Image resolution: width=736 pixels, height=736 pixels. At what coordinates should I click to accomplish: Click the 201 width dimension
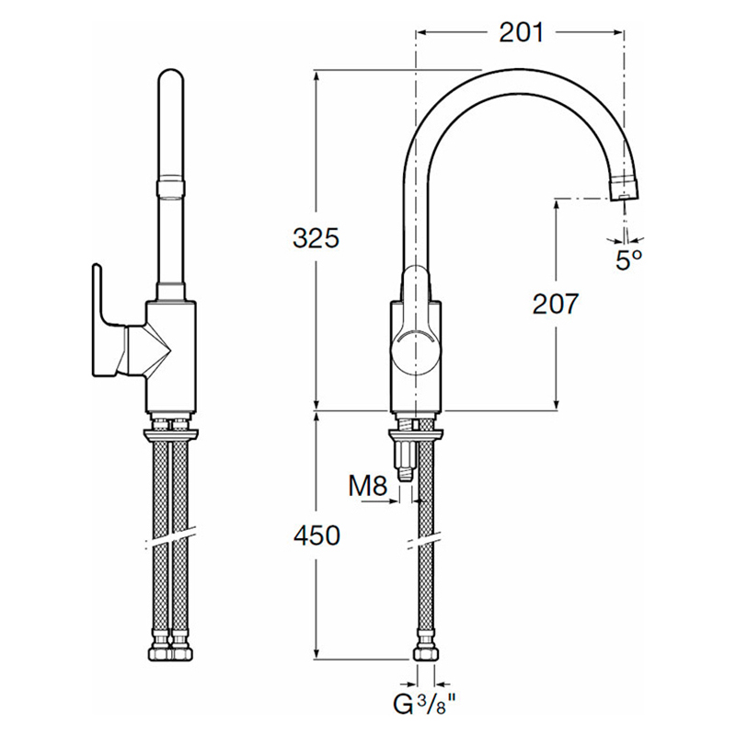click(x=521, y=33)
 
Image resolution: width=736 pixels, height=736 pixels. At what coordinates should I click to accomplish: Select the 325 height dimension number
click(x=316, y=238)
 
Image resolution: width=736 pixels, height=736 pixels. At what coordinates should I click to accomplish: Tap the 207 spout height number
click(x=556, y=305)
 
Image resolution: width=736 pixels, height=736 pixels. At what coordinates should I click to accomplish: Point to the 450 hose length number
click(x=316, y=535)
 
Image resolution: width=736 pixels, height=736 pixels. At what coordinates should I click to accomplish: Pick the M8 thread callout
click(x=368, y=487)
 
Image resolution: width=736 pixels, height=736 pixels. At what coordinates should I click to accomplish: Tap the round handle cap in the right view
click(x=416, y=352)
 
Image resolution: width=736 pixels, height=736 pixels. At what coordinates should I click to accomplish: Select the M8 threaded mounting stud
click(x=407, y=456)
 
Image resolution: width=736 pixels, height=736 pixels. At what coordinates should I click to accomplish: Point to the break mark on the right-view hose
click(x=425, y=541)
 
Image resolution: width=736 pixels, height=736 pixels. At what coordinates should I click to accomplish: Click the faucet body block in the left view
click(x=170, y=356)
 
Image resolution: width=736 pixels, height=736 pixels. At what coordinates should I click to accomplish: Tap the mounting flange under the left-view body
click(x=171, y=435)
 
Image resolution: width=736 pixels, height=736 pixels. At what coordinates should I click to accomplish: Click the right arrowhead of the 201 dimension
click(x=618, y=32)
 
